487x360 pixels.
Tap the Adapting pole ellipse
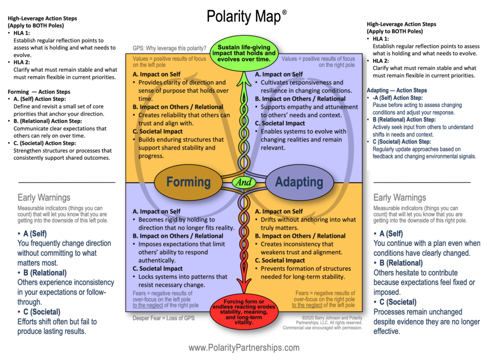[x=299, y=182]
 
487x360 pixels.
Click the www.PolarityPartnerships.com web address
[x=244, y=348]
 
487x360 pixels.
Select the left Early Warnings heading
[x=44, y=197]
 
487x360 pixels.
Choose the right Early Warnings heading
[x=399, y=197]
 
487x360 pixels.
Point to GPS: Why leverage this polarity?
[x=170, y=48]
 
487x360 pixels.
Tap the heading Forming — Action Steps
[x=39, y=92]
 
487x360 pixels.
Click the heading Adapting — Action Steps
[x=397, y=90]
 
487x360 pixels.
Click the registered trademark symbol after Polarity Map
[x=284, y=12]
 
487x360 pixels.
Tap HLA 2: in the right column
[x=381, y=61]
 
